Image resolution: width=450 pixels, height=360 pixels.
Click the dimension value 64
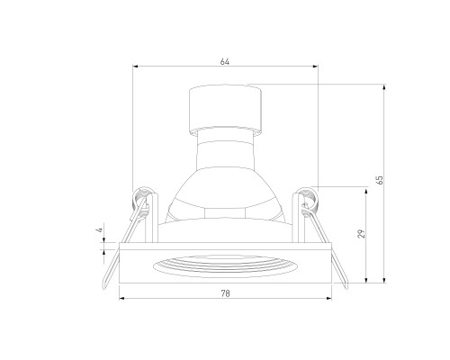click(x=225, y=61)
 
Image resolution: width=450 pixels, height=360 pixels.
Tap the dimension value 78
click(x=225, y=293)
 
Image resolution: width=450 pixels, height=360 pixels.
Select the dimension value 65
click(x=380, y=180)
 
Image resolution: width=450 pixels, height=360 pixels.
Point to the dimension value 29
click(x=362, y=234)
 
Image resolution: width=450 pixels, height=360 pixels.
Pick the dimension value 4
click(x=101, y=230)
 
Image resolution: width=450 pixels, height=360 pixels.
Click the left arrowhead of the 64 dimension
click(x=135, y=67)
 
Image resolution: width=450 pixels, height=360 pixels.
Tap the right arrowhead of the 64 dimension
click(x=315, y=67)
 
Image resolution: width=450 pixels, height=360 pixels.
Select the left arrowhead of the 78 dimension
click(x=122, y=298)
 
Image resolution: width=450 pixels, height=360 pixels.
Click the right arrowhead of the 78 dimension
click(x=329, y=298)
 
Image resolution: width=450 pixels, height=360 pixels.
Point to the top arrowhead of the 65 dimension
click(x=384, y=87)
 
